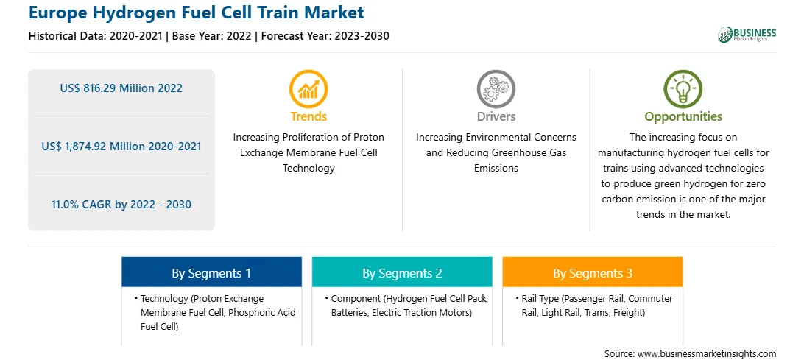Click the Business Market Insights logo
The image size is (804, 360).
click(x=747, y=35)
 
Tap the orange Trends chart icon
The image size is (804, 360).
click(x=308, y=89)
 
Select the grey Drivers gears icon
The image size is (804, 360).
click(x=496, y=89)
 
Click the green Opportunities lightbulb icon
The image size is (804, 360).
click(x=683, y=89)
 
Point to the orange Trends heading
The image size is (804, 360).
click(x=308, y=116)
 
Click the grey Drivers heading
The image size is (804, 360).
click(x=496, y=116)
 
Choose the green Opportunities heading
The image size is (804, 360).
click(x=683, y=117)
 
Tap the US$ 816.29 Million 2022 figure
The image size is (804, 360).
click(x=121, y=88)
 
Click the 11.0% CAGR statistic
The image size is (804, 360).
click(x=121, y=205)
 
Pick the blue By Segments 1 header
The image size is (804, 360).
click(x=211, y=273)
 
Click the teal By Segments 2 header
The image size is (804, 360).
click(x=402, y=273)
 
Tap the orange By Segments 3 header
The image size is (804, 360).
click(x=592, y=273)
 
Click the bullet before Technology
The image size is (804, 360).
click(x=136, y=298)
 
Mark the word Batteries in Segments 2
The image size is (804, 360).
click(x=349, y=312)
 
